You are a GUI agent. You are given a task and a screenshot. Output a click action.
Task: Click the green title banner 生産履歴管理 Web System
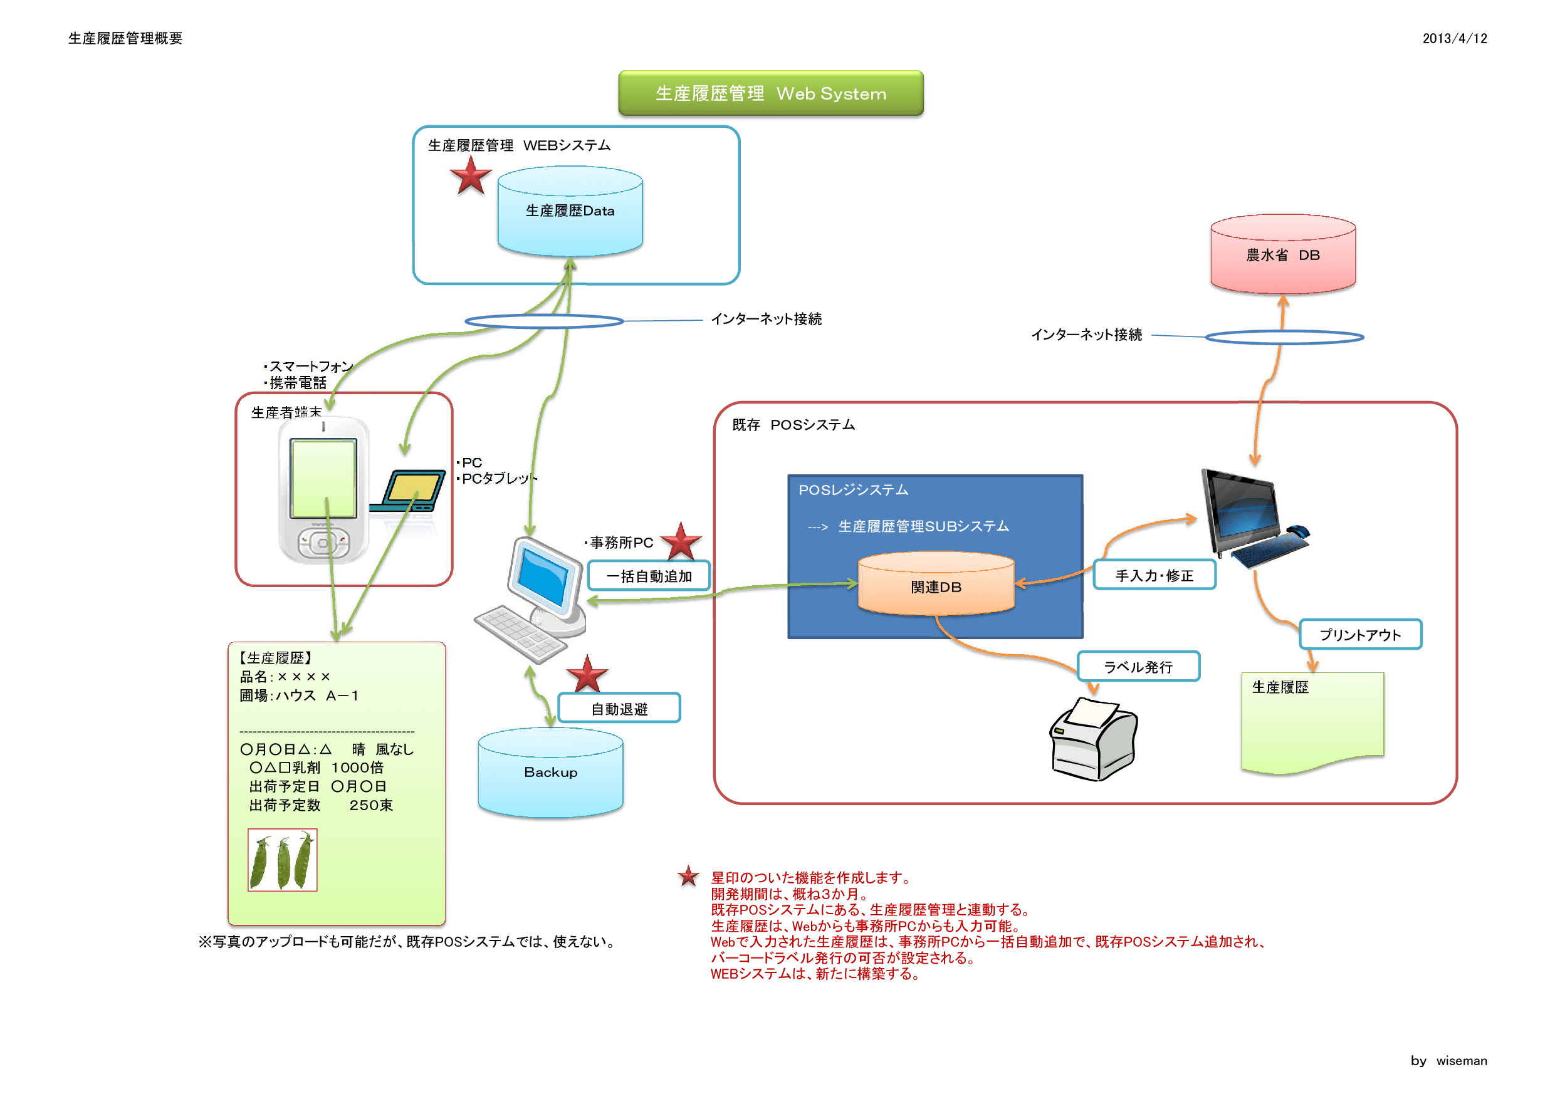[x=770, y=93]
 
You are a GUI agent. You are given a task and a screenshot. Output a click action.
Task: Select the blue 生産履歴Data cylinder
[x=570, y=211]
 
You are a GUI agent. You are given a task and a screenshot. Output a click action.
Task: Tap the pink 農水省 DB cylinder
[x=1282, y=254]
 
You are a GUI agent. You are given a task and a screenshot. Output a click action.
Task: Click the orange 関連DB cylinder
[x=935, y=586]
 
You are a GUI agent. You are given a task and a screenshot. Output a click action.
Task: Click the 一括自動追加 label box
[x=648, y=576]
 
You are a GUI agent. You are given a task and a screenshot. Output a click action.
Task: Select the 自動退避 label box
[x=619, y=708]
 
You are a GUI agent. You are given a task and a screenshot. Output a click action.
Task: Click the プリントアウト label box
[x=1359, y=635]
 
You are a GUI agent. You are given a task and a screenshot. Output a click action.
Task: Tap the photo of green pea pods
[x=283, y=860]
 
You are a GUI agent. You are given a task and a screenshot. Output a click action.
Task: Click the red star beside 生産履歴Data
[x=470, y=177]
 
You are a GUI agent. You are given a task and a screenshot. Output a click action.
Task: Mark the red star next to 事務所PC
[x=681, y=542]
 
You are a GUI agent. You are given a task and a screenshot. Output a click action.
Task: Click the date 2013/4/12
[x=1454, y=39]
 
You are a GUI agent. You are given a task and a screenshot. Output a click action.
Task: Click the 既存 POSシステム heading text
[x=793, y=425]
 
